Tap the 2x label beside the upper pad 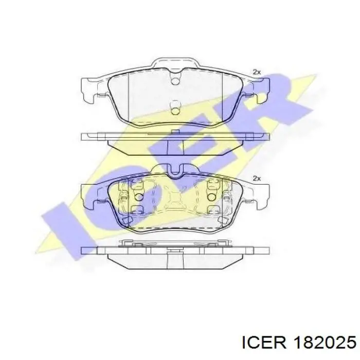pos(257,72)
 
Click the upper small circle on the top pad pos(175,81)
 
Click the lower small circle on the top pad pos(175,109)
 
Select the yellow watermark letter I pos(67,226)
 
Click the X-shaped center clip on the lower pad pos(175,198)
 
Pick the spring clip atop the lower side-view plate pos(175,243)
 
